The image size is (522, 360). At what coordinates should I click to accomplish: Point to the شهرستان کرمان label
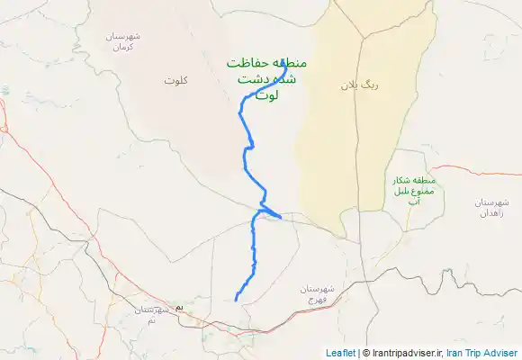(128, 40)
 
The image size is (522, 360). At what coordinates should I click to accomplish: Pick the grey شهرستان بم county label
(144, 314)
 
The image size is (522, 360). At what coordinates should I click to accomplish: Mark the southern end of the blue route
(236, 300)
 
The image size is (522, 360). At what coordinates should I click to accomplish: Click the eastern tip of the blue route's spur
(282, 218)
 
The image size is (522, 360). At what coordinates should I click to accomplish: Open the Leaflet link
(340, 353)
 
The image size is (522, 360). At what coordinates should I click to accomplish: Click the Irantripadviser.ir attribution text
(404, 353)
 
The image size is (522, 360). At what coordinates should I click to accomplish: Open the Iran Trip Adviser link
(481, 353)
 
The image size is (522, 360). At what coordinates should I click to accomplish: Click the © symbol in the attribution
(365, 353)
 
